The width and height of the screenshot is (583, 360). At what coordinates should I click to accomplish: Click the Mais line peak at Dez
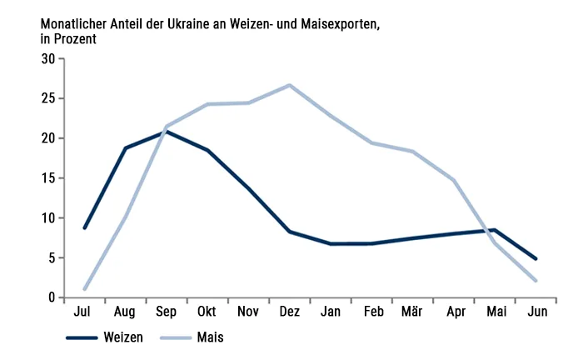point(289,85)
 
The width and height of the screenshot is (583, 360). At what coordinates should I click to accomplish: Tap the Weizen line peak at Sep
point(167,132)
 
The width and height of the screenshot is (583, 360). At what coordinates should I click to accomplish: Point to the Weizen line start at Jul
point(85,227)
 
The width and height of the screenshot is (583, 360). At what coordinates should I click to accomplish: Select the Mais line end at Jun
point(536,281)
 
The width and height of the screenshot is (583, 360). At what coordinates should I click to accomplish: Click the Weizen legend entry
point(104,337)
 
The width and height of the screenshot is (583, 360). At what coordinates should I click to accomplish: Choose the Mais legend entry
point(192,337)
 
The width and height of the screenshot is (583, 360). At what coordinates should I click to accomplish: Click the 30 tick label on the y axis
point(48,59)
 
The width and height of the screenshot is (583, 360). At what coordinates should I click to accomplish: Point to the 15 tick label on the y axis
point(48,178)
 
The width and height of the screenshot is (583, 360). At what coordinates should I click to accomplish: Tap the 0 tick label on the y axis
point(52,297)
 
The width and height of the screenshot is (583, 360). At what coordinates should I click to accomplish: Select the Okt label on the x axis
point(207,312)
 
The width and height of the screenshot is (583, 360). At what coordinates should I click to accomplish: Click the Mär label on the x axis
point(412,312)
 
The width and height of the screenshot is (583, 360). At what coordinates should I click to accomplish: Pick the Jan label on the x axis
point(331,312)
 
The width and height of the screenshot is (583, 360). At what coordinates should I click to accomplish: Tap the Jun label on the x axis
point(537,312)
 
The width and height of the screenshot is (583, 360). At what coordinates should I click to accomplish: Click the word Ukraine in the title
point(190,24)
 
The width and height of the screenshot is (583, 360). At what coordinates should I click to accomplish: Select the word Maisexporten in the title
point(340,24)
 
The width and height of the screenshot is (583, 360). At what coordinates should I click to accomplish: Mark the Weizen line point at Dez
point(289,232)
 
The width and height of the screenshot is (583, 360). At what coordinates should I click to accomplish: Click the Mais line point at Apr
point(454,180)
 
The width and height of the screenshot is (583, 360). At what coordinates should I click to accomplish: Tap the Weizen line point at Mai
point(495,230)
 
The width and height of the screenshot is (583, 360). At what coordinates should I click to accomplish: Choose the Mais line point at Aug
point(126,215)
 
